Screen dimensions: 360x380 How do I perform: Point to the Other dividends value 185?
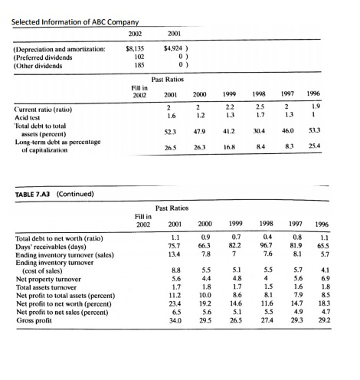[x=139, y=65]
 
